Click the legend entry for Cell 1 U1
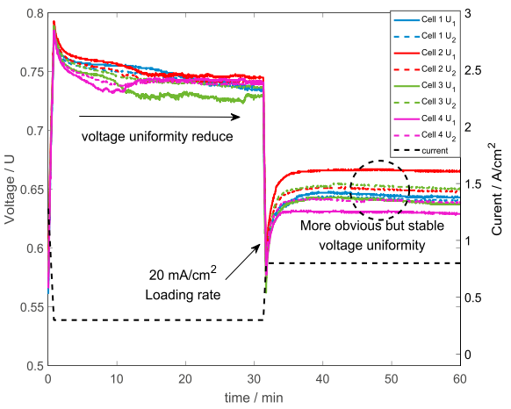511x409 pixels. coord(430,19)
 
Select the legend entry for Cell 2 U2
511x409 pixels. coord(430,68)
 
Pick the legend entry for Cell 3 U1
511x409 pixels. coord(430,85)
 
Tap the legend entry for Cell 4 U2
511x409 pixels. coord(430,134)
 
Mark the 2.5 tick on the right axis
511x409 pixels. coord(474,70)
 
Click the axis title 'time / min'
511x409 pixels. coord(254,397)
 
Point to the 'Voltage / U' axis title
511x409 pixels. coord(10,189)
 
